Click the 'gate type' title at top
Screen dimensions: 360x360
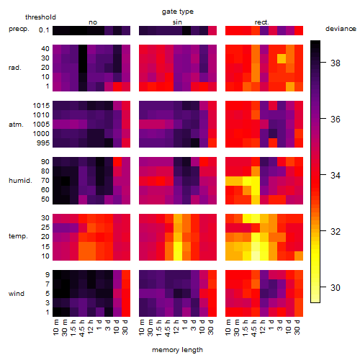click(178, 12)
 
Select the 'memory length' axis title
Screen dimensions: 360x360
click(177, 350)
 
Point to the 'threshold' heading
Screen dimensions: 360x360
click(40, 17)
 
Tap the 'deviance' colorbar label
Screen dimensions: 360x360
click(341, 29)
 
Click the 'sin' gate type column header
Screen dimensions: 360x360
click(177, 22)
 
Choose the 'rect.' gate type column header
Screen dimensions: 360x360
click(261, 22)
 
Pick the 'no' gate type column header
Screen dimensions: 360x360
click(93, 22)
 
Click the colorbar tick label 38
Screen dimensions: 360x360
click(335, 63)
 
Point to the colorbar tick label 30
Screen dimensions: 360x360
click(335, 287)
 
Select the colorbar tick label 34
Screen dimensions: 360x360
click(335, 175)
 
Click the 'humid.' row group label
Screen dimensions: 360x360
click(20, 181)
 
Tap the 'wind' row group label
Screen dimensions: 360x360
click(17, 294)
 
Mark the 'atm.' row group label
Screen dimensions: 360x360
click(16, 125)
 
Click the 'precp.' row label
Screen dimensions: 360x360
click(19, 29)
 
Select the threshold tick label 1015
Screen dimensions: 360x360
click(41, 106)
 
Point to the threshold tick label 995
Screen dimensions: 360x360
click(43, 143)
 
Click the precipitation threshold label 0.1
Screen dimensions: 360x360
click(44, 30)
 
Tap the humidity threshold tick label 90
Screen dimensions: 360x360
click(45, 162)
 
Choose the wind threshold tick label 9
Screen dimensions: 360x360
click(48, 274)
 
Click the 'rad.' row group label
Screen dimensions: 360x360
click(15, 68)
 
